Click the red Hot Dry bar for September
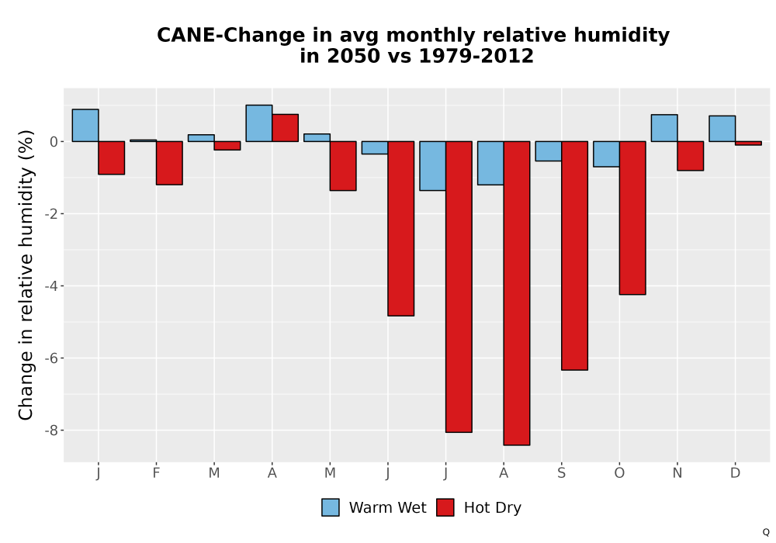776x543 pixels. pos(574,256)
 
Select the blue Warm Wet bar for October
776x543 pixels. pos(606,154)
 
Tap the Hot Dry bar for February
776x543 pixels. pos(169,163)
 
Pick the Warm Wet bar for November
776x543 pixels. pos(664,128)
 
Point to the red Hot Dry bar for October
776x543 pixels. pos(632,218)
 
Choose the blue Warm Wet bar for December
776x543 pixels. pos(722,129)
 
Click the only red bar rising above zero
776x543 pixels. pos(285,128)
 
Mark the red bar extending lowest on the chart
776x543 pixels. pos(517,293)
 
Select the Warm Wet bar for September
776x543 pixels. pos(549,151)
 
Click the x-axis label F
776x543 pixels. pos(156,473)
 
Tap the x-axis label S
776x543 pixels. pos(561,473)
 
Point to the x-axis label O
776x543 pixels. pos(619,473)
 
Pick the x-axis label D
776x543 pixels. pos(735,473)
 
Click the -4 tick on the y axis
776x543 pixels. pos(51,285)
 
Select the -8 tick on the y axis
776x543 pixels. pos(51,431)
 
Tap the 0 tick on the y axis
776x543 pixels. pos(54,142)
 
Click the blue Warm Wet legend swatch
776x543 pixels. pos(330,507)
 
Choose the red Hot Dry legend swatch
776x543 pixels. pos(445,507)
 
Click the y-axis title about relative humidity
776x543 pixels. pos(26,275)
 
